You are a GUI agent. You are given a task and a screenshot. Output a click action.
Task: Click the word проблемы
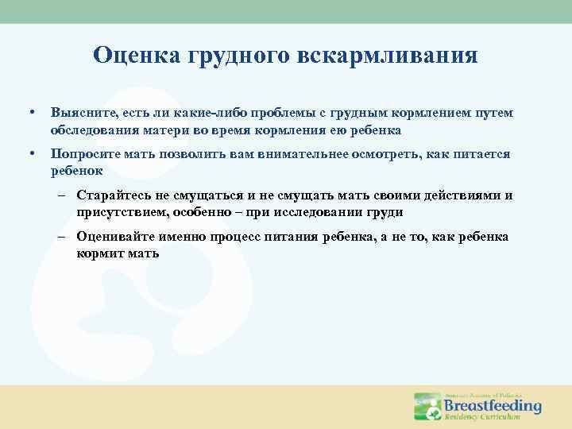300,114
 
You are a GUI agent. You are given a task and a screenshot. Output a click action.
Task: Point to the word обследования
88,129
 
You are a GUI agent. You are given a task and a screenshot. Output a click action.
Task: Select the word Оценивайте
117,238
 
